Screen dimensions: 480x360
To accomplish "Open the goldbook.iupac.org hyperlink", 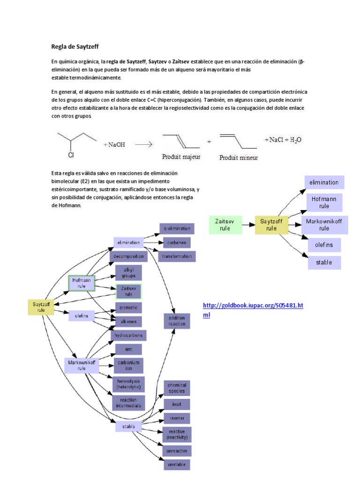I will (253, 310).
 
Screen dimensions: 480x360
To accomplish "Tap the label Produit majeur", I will (181, 157).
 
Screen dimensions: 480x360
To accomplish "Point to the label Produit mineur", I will (239, 157).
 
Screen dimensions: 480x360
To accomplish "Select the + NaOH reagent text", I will (114, 145).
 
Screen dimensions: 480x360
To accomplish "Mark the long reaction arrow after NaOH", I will (143, 145).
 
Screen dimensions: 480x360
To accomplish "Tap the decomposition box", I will (128, 256).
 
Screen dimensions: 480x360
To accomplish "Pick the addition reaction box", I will (176, 321).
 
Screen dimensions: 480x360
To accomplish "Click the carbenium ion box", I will (128, 366).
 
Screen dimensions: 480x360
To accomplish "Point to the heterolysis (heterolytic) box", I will (128, 384).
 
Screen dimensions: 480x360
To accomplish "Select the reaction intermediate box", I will (128, 402).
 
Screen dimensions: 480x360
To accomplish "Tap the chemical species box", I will (177, 388).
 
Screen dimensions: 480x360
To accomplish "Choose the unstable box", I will (177, 465).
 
